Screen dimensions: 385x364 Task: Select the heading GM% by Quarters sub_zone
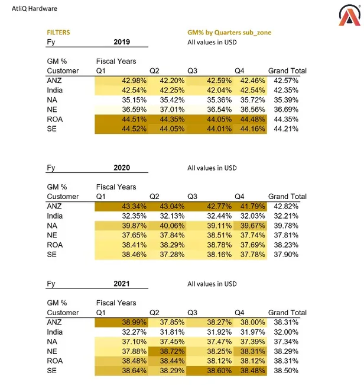pos(229,33)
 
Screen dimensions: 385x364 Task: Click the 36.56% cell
pos(252,110)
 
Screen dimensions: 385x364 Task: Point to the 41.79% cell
pos(252,206)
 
